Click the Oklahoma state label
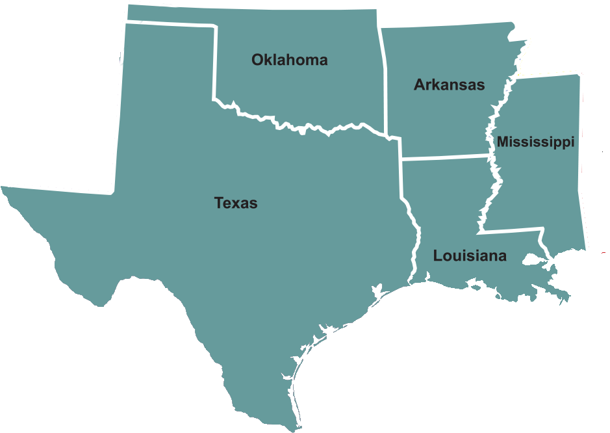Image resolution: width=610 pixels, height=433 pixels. pos(289,60)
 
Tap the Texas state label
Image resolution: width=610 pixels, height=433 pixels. pos(236,203)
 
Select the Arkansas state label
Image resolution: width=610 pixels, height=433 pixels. pos(449,85)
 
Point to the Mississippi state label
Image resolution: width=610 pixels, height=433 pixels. pos(535,142)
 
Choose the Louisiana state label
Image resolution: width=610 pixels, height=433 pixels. pos(470,256)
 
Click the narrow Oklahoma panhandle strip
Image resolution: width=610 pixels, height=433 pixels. pos(169,16)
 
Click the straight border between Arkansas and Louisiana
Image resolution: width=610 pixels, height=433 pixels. pos(445,157)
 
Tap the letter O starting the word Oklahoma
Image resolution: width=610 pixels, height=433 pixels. pos(257,60)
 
